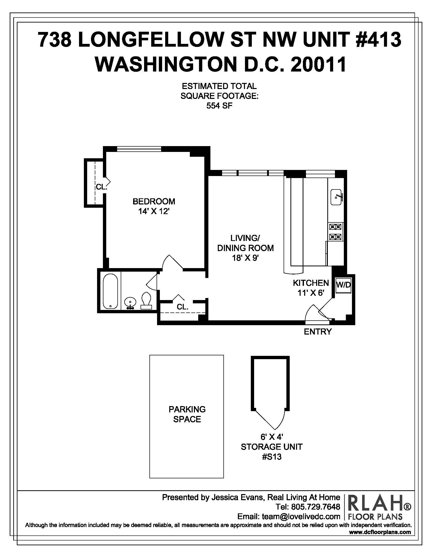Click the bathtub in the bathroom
[110, 291]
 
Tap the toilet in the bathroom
[146, 301]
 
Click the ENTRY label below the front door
[318, 332]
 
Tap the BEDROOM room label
[154, 201]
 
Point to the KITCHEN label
[311, 283]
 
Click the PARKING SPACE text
[187, 414]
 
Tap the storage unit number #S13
[272, 457]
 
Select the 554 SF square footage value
[219, 106]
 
